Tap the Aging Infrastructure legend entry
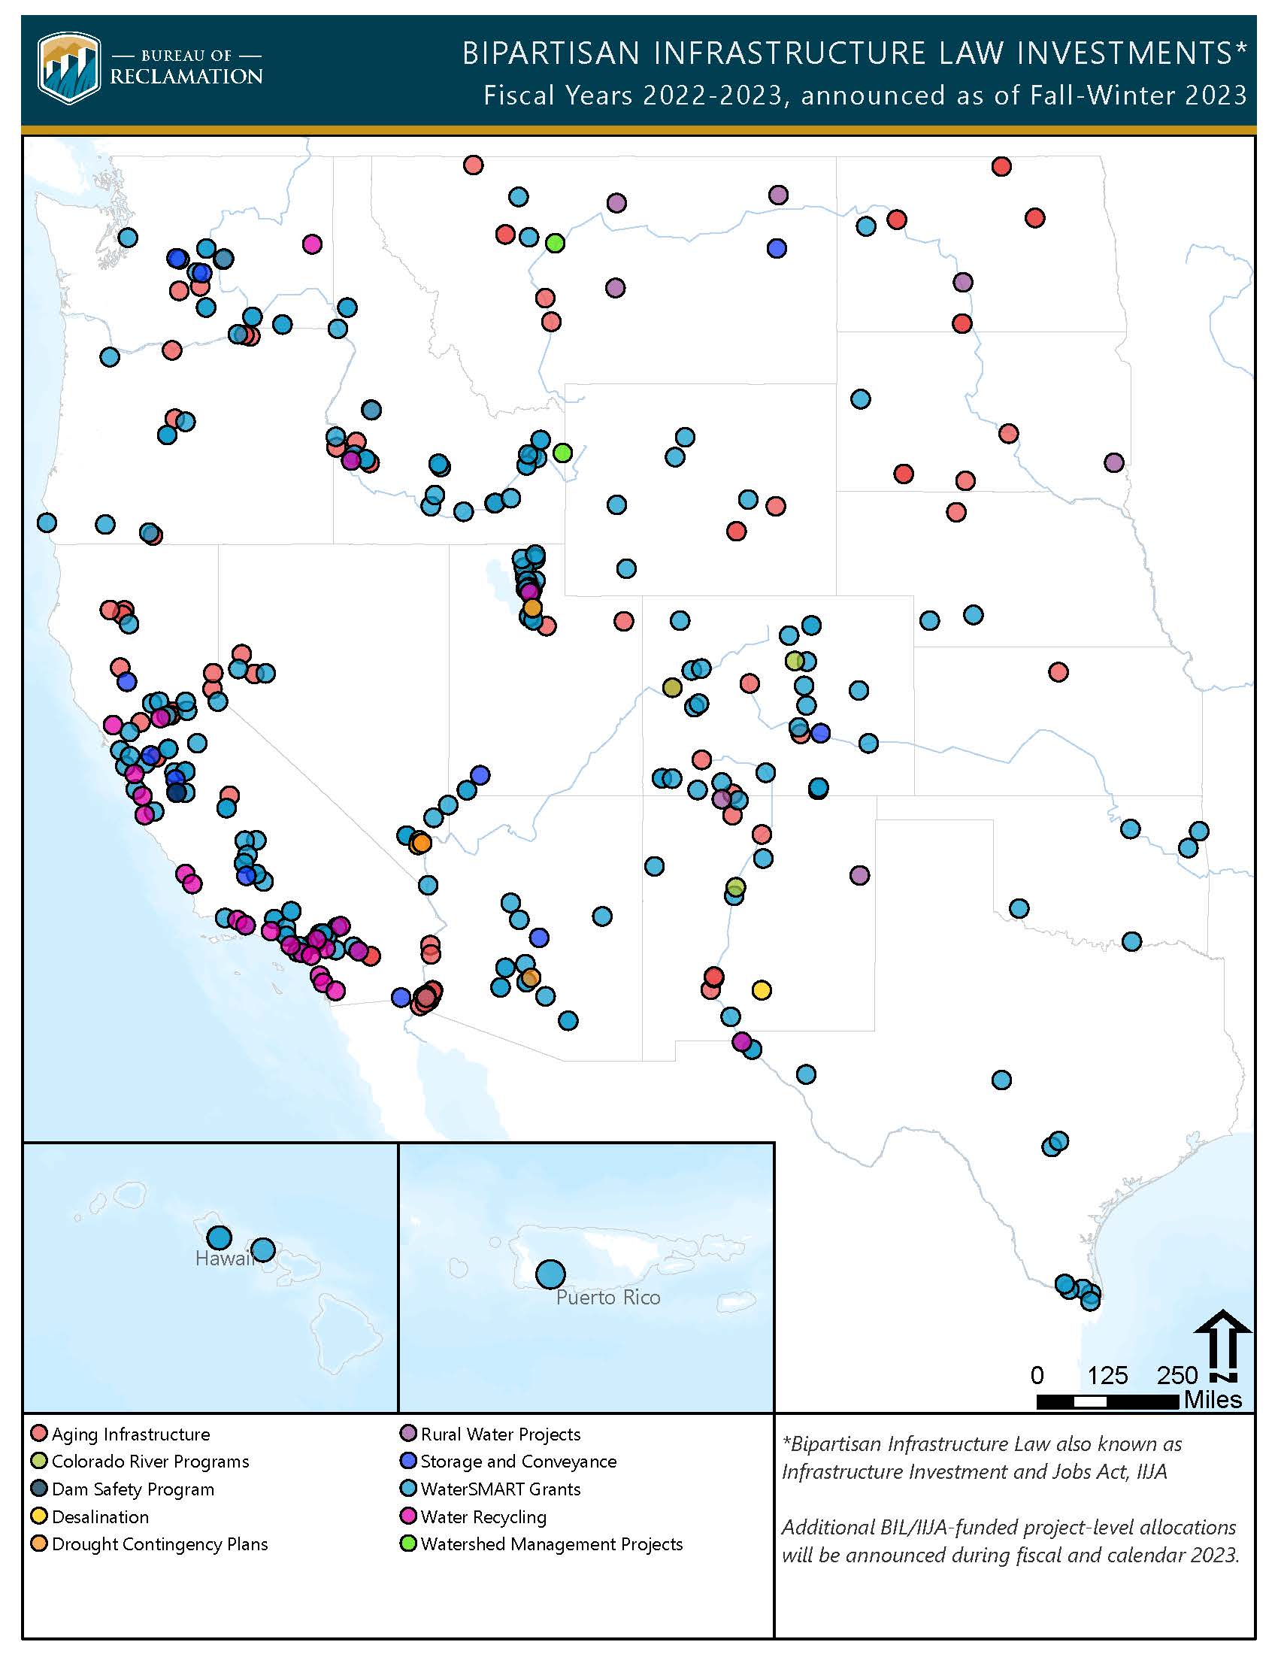(x=121, y=1434)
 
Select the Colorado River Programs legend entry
(x=140, y=1462)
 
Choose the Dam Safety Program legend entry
(x=123, y=1489)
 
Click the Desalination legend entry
(x=91, y=1517)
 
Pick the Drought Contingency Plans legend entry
(x=150, y=1544)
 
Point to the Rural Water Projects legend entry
(x=491, y=1434)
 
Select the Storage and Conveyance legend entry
(x=509, y=1462)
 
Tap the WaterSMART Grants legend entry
(x=491, y=1489)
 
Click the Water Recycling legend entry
(x=474, y=1517)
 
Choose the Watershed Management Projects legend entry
(x=541, y=1544)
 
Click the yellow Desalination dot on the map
(x=762, y=990)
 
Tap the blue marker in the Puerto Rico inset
(x=550, y=1274)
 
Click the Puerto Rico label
(x=608, y=1298)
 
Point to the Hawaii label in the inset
(x=224, y=1259)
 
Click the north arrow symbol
(x=1222, y=1348)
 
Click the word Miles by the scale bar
(x=1213, y=1400)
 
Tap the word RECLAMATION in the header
(x=186, y=77)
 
